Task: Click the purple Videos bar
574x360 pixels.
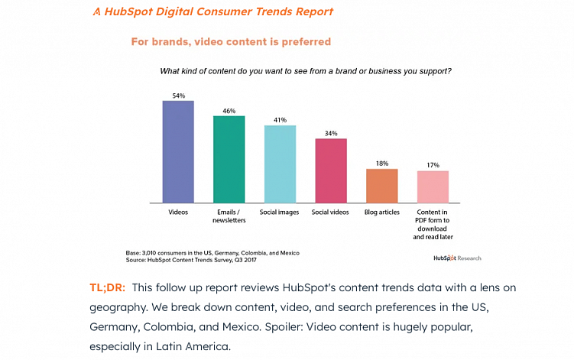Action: pos(178,151)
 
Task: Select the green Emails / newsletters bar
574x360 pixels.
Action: pos(229,159)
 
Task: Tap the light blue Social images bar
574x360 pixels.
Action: pos(280,164)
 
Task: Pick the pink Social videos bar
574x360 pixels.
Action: pos(331,170)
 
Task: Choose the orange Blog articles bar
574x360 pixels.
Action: pos(382,185)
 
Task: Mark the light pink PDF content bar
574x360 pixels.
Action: pos(433,186)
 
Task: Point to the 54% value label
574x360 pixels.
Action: pos(178,96)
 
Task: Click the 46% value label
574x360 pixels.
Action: pos(229,111)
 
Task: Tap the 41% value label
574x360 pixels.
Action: pos(280,120)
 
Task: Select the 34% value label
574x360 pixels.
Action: pos(331,134)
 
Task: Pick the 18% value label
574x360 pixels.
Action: pos(382,163)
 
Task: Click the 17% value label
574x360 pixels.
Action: pos(433,165)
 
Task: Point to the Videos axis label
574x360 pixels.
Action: pos(178,212)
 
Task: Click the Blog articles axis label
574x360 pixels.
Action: pos(382,212)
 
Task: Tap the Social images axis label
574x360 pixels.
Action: pos(280,212)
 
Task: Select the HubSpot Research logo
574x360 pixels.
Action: pos(457,258)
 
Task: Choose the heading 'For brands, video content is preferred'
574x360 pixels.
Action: pos(231,41)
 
